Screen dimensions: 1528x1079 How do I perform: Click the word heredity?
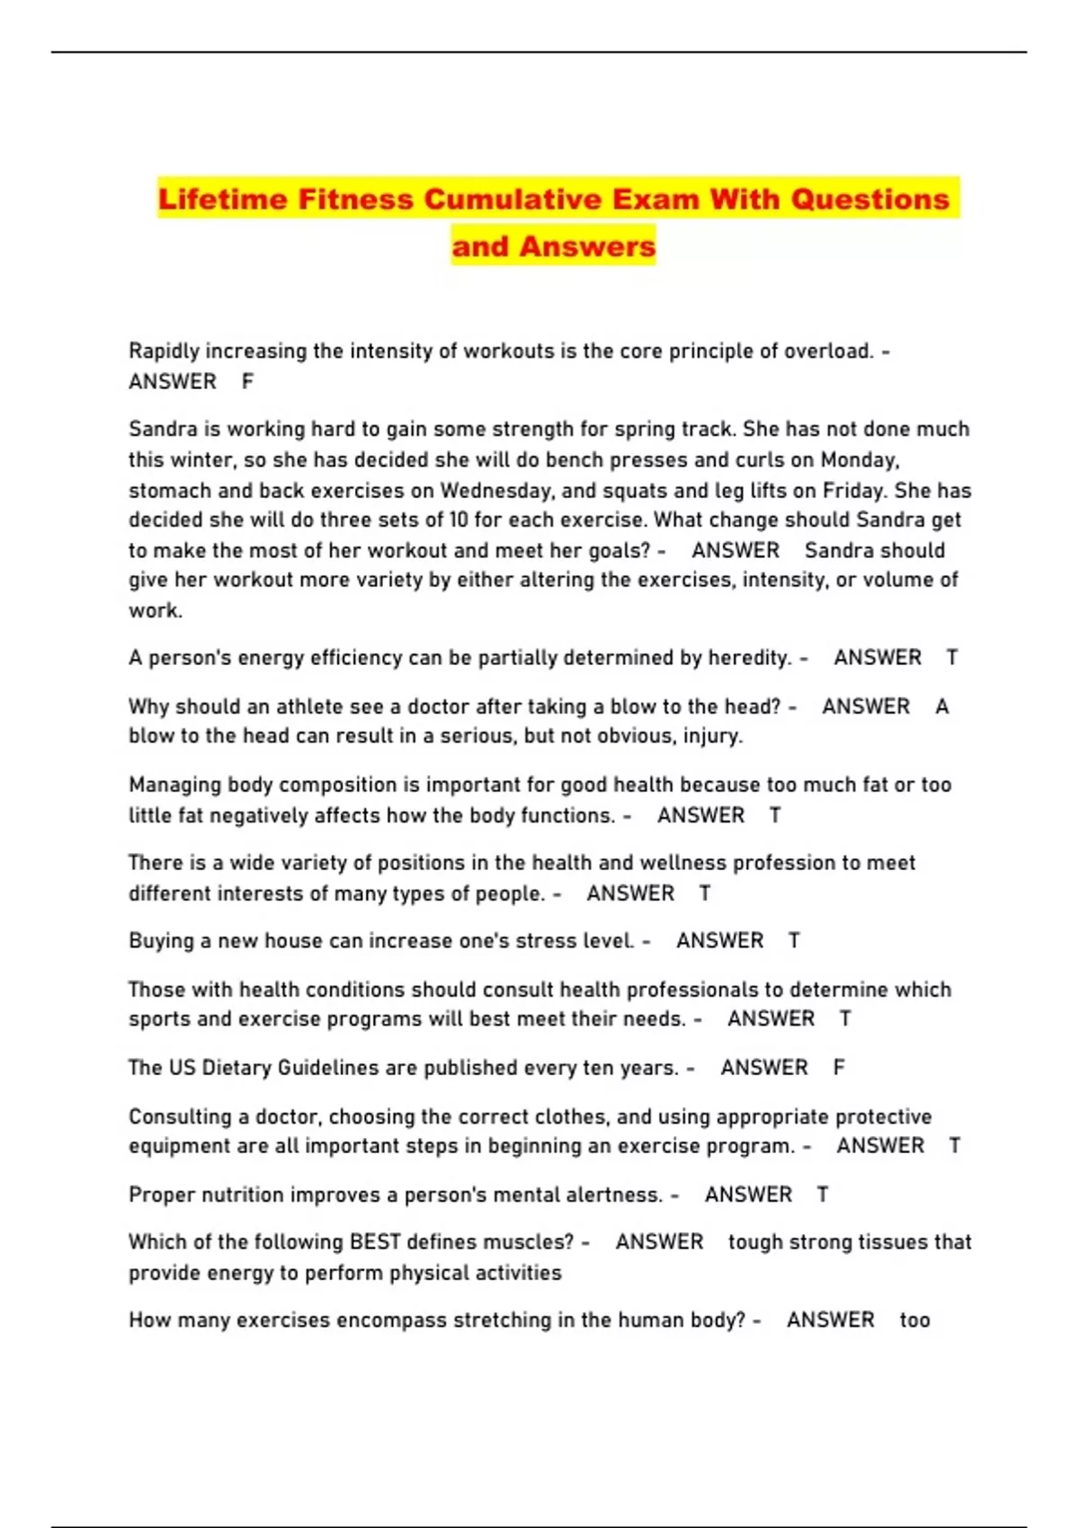(x=750, y=658)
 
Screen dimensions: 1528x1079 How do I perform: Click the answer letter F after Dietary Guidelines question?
(x=838, y=1068)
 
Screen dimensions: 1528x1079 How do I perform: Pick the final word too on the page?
(x=914, y=1320)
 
